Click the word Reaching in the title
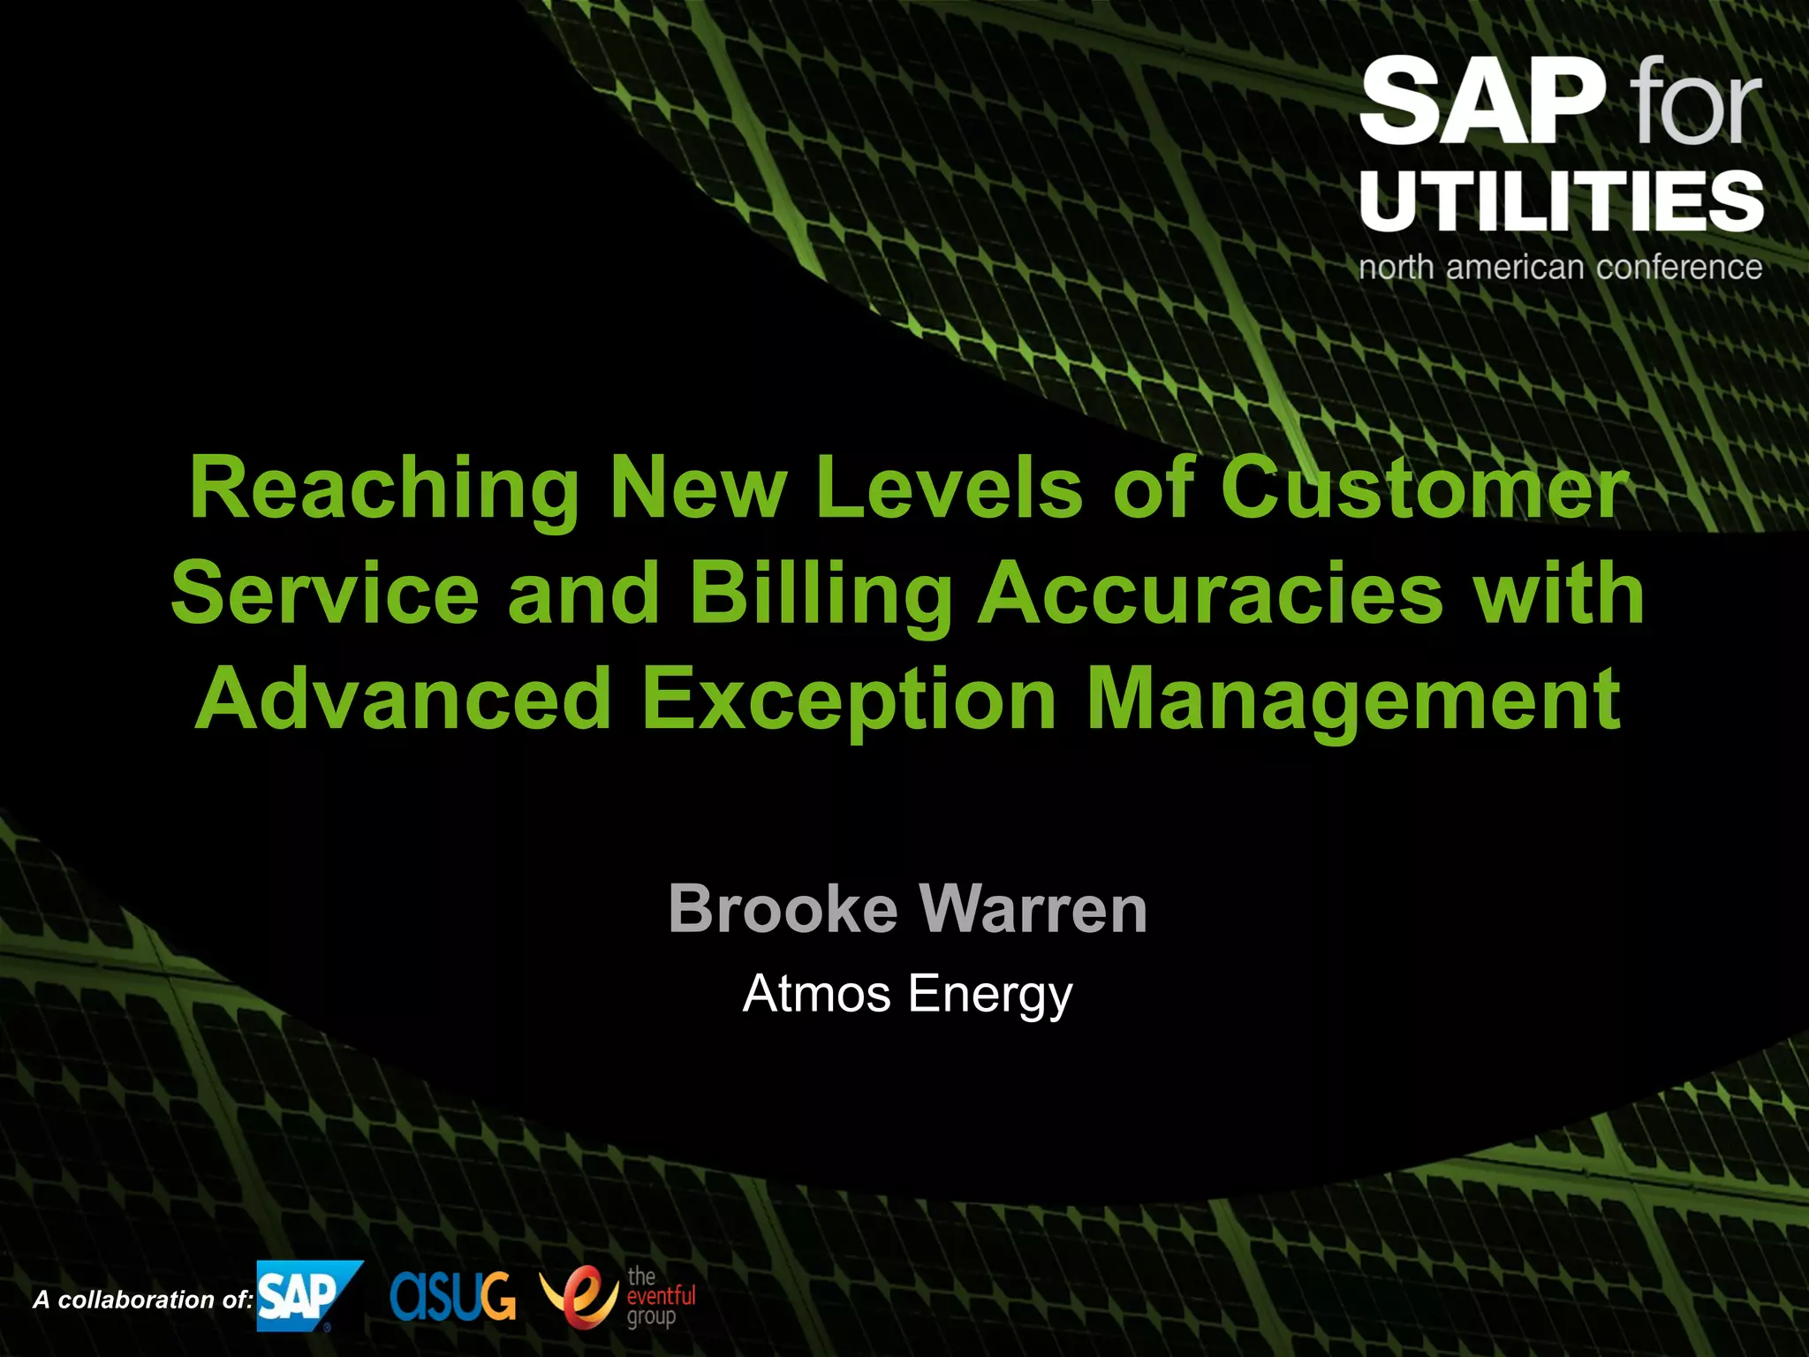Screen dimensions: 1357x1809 (x=382, y=489)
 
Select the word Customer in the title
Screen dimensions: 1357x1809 (x=1424, y=489)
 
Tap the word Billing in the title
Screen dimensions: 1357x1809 (x=820, y=594)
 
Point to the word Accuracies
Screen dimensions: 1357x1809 (x=1210, y=594)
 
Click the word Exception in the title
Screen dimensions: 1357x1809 (x=849, y=700)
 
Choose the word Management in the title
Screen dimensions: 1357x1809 (x=1352, y=700)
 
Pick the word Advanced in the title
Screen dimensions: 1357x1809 (x=404, y=700)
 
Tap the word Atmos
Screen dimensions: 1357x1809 (x=816, y=993)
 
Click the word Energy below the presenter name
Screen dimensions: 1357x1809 (x=990, y=995)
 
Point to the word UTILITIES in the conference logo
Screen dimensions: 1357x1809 (x=1561, y=202)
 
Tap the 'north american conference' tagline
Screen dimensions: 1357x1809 (x=1560, y=267)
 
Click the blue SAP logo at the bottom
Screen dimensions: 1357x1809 (x=306, y=1295)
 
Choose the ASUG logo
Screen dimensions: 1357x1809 (x=452, y=1296)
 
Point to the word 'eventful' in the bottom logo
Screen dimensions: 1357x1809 (x=661, y=1296)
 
